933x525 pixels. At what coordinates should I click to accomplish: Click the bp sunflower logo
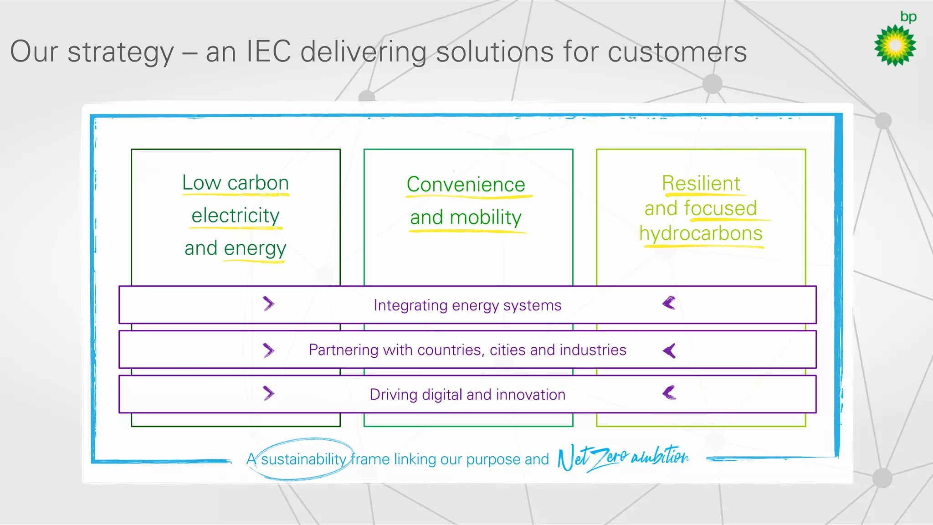(895, 46)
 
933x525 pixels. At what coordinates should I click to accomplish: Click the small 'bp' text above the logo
(908, 17)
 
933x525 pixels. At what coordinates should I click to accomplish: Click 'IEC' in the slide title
(268, 51)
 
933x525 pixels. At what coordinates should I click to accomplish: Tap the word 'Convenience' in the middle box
(466, 185)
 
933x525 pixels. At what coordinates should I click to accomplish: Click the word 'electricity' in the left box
(236, 216)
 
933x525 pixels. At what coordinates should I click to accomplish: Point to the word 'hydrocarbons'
(701, 234)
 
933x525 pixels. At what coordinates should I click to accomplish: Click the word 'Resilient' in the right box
(701, 183)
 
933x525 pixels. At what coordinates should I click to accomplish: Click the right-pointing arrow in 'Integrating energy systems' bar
(268, 304)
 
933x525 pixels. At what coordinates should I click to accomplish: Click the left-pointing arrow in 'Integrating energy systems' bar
(669, 303)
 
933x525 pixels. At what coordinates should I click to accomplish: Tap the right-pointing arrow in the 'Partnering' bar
(268, 350)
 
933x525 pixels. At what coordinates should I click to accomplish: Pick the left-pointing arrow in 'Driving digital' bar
(669, 393)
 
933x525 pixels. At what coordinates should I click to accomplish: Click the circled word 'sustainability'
(303, 459)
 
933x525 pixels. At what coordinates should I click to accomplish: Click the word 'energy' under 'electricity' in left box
(255, 249)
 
